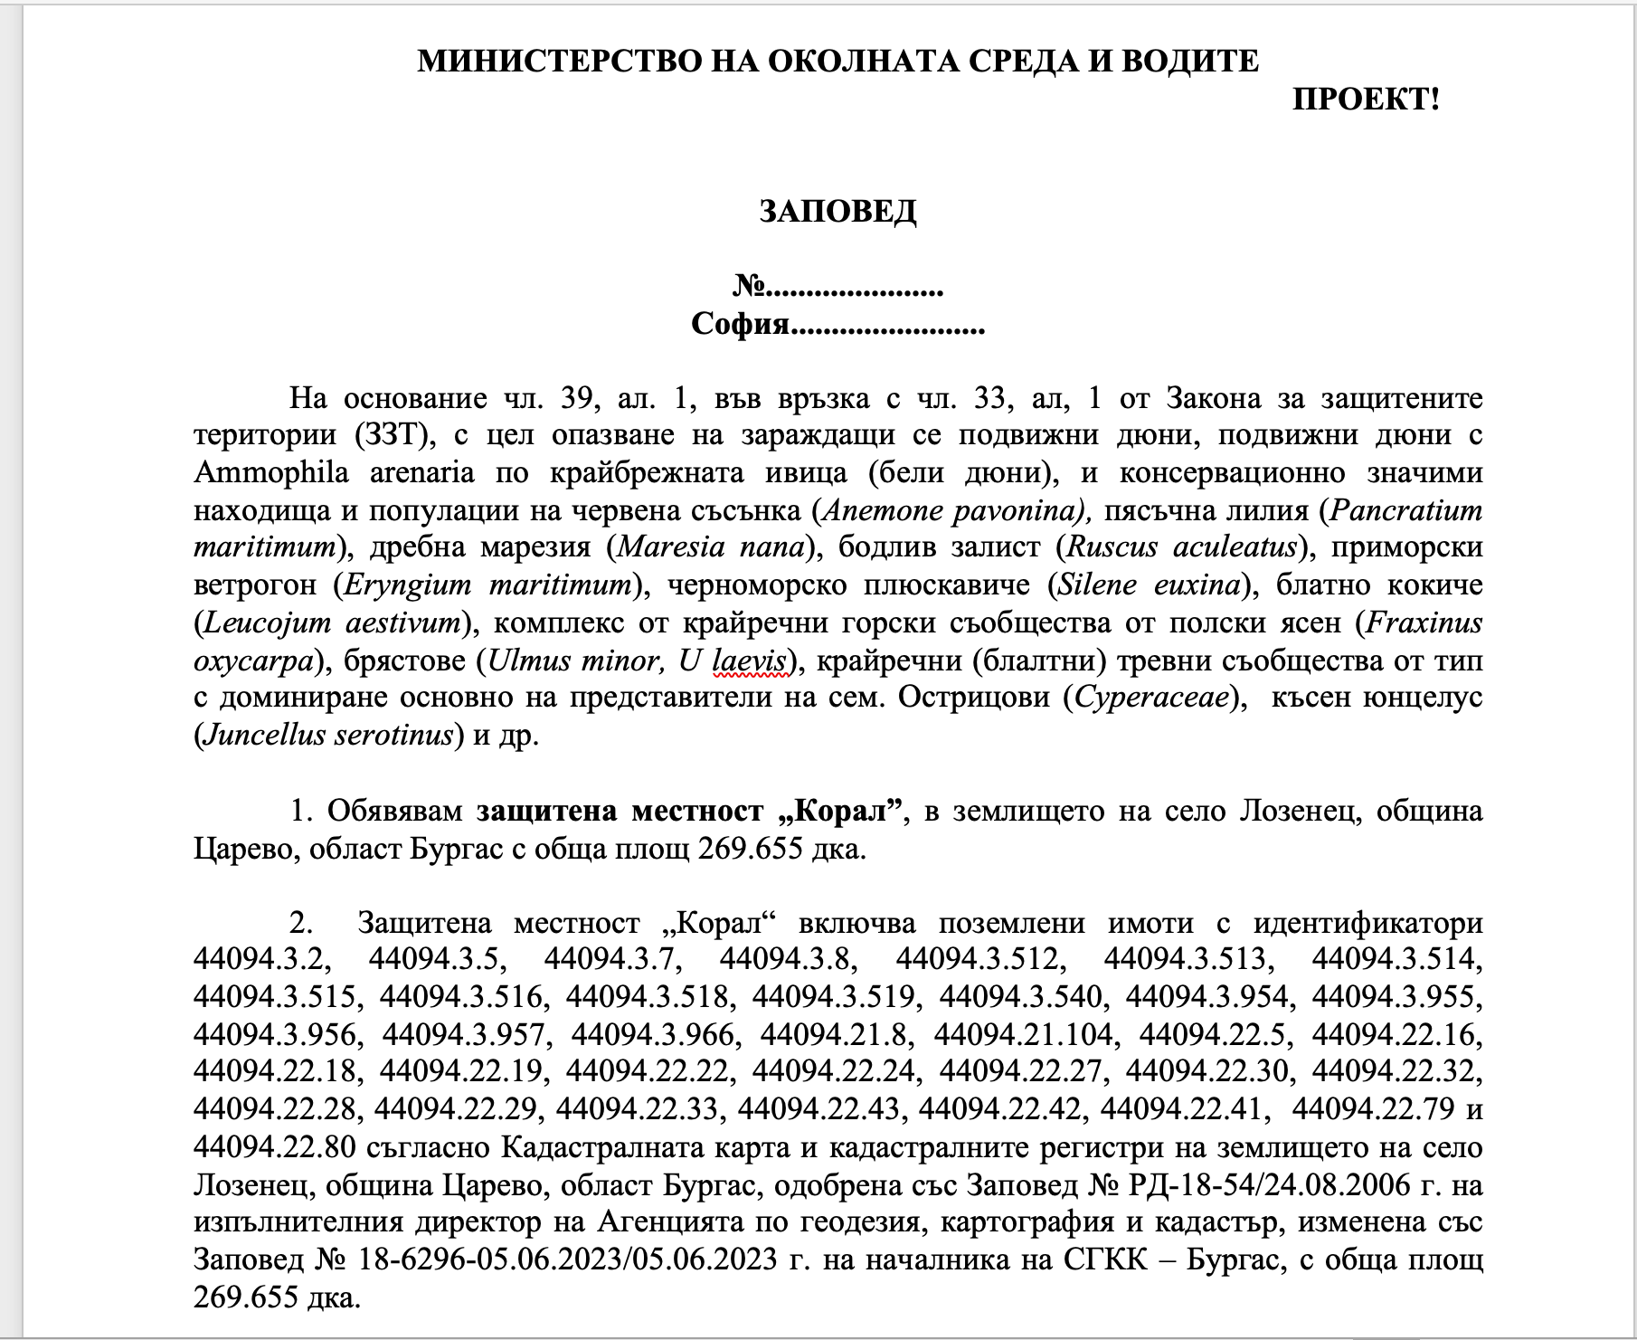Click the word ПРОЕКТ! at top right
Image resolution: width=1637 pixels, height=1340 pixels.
[x=1365, y=100]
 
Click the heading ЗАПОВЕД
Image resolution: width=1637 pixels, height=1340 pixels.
[x=837, y=211]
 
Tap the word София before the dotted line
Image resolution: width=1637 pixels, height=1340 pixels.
[x=740, y=324]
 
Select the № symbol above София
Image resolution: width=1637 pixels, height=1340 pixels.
[x=748, y=287]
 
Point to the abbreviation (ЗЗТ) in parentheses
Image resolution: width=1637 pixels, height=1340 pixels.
[x=388, y=435]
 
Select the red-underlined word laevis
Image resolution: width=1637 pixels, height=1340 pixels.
[x=750, y=660]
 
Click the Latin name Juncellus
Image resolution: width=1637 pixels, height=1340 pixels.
[x=264, y=735]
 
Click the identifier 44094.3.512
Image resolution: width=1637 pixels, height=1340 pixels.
[x=978, y=959]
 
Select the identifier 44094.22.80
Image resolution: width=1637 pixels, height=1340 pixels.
[x=275, y=1147]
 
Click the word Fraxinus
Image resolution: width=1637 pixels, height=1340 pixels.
[x=1424, y=622]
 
